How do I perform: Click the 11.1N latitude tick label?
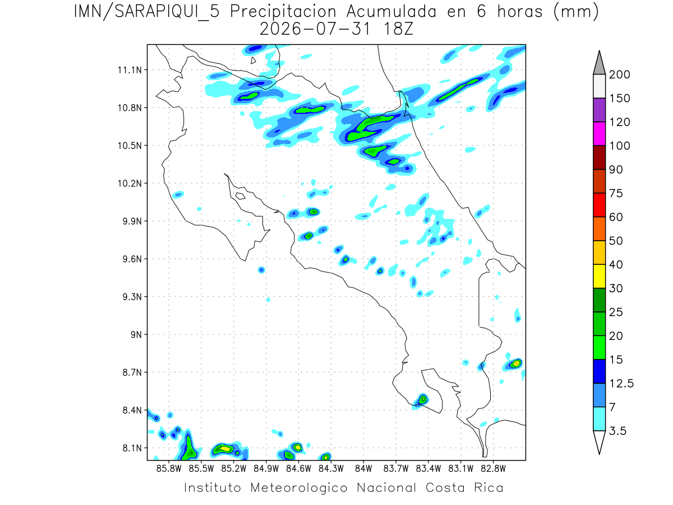(130, 70)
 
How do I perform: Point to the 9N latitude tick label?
(136, 334)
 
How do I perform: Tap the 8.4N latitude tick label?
(132, 410)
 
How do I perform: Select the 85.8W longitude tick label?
(169, 469)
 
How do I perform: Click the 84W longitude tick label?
(363, 469)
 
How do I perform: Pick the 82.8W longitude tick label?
(493, 469)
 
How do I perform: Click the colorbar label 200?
(619, 75)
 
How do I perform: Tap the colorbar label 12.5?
(621, 384)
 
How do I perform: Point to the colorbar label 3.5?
(617, 431)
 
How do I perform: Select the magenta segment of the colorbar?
(599, 134)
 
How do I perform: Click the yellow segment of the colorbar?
(599, 276)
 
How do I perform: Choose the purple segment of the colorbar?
(599, 110)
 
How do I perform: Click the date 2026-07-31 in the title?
(315, 29)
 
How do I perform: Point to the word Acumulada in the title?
(391, 12)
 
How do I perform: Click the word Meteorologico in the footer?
(298, 488)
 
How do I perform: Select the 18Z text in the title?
(398, 29)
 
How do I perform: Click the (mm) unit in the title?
(576, 12)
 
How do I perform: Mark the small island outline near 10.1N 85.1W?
(241, 196)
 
